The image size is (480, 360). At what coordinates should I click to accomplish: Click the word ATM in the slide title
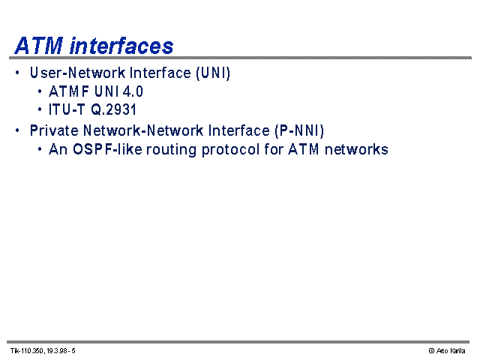coord(39,46)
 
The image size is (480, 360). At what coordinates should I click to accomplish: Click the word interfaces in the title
coord(121,46)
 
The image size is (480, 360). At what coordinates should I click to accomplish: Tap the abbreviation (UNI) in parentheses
coord(213,73)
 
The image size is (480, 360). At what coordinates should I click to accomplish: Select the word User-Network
coord(78,73)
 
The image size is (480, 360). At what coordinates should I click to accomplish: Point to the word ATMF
coord(69,91)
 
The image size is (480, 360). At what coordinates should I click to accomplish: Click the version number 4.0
coord(133,91)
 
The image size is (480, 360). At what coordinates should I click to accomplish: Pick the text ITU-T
coord(67,109)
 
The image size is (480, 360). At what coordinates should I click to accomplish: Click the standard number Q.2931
coord(113,109)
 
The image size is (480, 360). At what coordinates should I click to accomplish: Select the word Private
coord(54,130)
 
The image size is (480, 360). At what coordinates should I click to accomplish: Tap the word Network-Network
coord(143,130)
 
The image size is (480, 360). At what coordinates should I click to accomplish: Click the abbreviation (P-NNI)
coord(299,131)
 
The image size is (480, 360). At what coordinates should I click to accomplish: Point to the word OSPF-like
coord(107,149)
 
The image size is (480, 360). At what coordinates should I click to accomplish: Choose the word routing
coord(171,150)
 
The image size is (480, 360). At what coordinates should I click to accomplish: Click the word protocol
coord(230,150)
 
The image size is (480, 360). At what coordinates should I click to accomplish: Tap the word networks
coord(356,149)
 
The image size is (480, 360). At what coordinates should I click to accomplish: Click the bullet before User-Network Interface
coord(17,73)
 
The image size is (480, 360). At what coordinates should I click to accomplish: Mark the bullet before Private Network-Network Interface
coord(17,130)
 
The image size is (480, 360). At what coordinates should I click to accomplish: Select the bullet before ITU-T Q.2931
coord(40,109)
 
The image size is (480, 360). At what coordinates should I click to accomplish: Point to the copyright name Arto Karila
coord(451,351)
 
